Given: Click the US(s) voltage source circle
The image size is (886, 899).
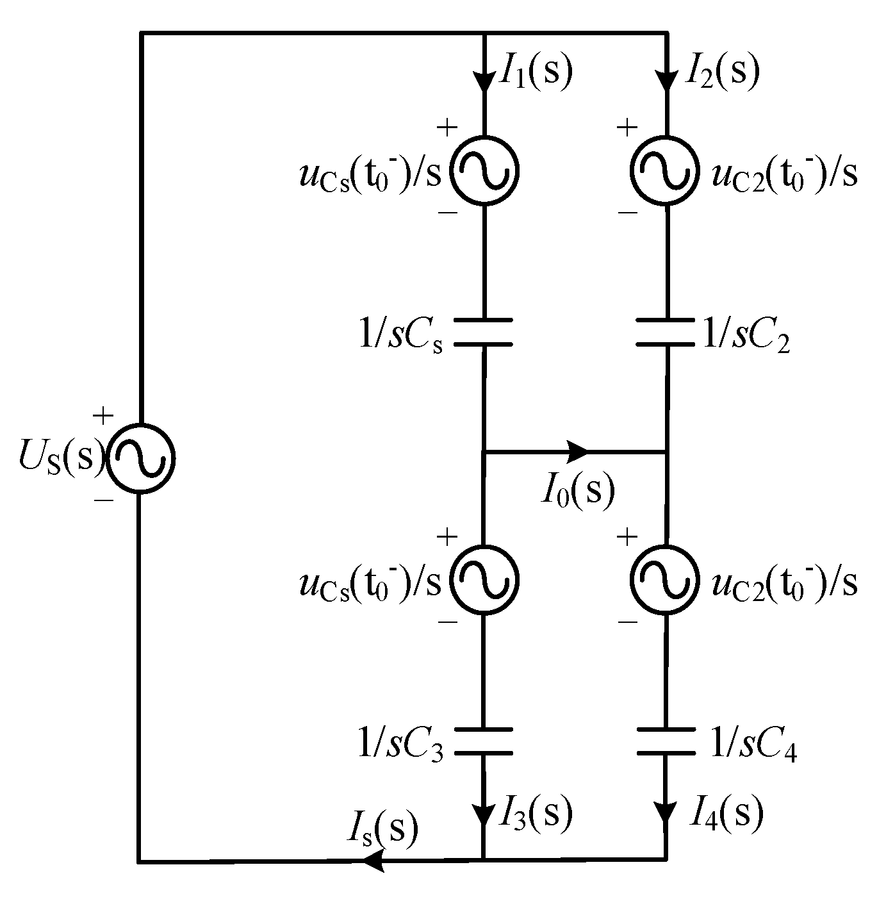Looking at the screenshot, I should click(x=140, y=458).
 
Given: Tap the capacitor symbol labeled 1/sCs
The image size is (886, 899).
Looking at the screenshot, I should click(x=484, y=332).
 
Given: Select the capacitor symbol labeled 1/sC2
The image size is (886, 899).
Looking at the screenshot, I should click(x=666, y=332).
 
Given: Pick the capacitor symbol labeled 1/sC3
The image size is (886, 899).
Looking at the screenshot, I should click(x=484, y=742).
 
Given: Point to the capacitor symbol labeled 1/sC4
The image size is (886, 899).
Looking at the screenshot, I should click(x=666, y=742).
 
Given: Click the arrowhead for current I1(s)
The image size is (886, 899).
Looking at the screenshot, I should click(x=484, y=81).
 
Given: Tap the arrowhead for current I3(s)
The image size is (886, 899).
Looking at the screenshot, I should click(x=484, y=813).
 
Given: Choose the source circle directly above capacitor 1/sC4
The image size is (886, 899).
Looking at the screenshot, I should click(x=662, y=581).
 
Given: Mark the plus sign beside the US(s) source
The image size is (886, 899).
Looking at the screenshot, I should click(x=103, y=417).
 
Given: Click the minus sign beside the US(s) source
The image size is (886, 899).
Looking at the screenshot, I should click(x=103, y=500).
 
